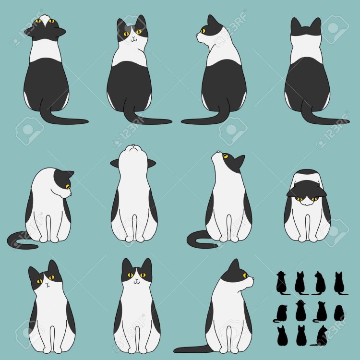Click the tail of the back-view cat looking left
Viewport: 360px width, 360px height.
point(197,121)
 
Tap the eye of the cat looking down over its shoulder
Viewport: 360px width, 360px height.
point(67,186)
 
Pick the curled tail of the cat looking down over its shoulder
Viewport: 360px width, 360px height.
point(19,238)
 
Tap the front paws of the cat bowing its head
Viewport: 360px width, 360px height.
point(307,237)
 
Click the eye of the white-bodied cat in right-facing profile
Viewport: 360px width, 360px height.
point(245,276)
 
